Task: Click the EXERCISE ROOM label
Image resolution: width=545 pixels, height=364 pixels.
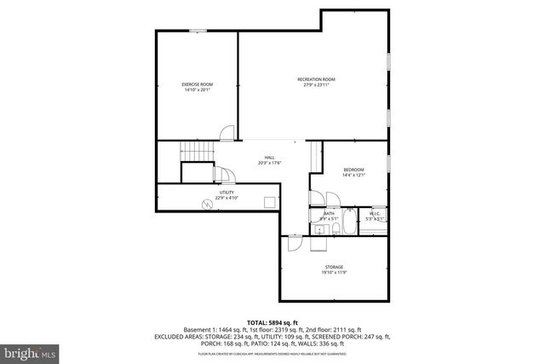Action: coord(197,84)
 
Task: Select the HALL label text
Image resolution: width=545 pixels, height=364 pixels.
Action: coord(269,158)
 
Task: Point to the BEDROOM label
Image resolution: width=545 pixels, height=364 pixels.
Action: coord(353,170)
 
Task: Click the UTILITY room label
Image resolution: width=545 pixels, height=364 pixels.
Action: coord(227,193)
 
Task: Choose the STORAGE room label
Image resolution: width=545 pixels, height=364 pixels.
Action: coord(333,268)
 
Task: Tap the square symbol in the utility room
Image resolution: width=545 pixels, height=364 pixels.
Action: coord(268,203)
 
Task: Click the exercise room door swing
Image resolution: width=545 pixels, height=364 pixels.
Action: coord(227,133)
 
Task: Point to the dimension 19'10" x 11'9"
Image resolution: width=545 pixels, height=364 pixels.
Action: coord(333,274)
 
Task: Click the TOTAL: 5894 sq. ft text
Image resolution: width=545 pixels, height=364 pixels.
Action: coord(272,321)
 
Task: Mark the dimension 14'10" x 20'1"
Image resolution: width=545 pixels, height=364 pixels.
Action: coord(197,90)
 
